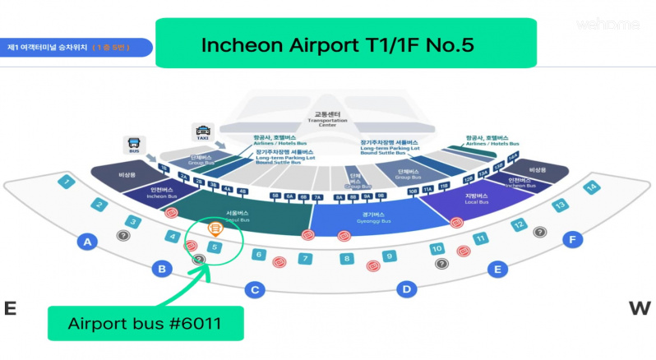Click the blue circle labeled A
click(x=85, y=241)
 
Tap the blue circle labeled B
click(x=163, y=269)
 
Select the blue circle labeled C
click(x=255, y=289)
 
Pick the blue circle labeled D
click(x=405, y=288)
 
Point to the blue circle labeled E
click(x=496, y=269)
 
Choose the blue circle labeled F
click(x=572, y=240)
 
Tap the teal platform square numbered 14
click(x=590, y=187)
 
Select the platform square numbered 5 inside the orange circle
click(x=214, y=246)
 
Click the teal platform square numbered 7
click(x=304, y=258)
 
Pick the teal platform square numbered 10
click(x=437, y=248)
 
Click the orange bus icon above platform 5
click(x=214, y=228)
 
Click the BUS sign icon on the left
click(x=134, y=145)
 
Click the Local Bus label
click(x=478, y=200)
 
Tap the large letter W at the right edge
click(x=639, y=308)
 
